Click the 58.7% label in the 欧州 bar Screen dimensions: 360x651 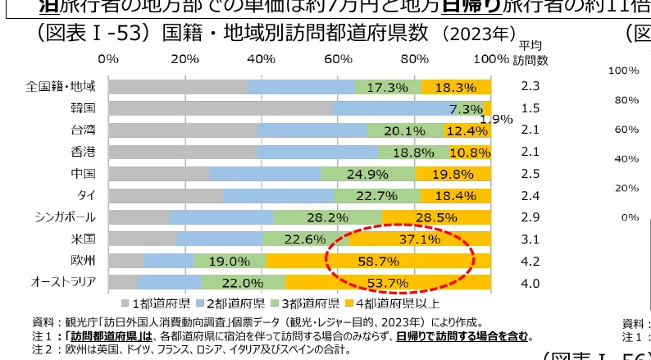click(x=378, y=262)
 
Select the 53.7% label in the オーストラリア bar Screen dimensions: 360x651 click(x=388, y=283)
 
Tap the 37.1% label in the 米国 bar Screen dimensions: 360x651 click(x=420, y=239)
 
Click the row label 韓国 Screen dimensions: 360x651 click(x=84, y=108)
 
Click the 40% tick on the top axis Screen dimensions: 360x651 click(x=262, y=60)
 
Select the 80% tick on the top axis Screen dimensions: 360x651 click(x=415, y=60)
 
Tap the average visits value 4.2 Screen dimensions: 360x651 click(x=530, y=262)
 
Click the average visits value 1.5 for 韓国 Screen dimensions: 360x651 click(x=530, y=108)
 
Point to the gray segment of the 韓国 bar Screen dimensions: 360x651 click(x=221, y=108)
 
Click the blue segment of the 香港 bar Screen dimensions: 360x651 click(x=316, y=152)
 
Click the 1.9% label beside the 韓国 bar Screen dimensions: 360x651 click(x=496, y=120)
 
